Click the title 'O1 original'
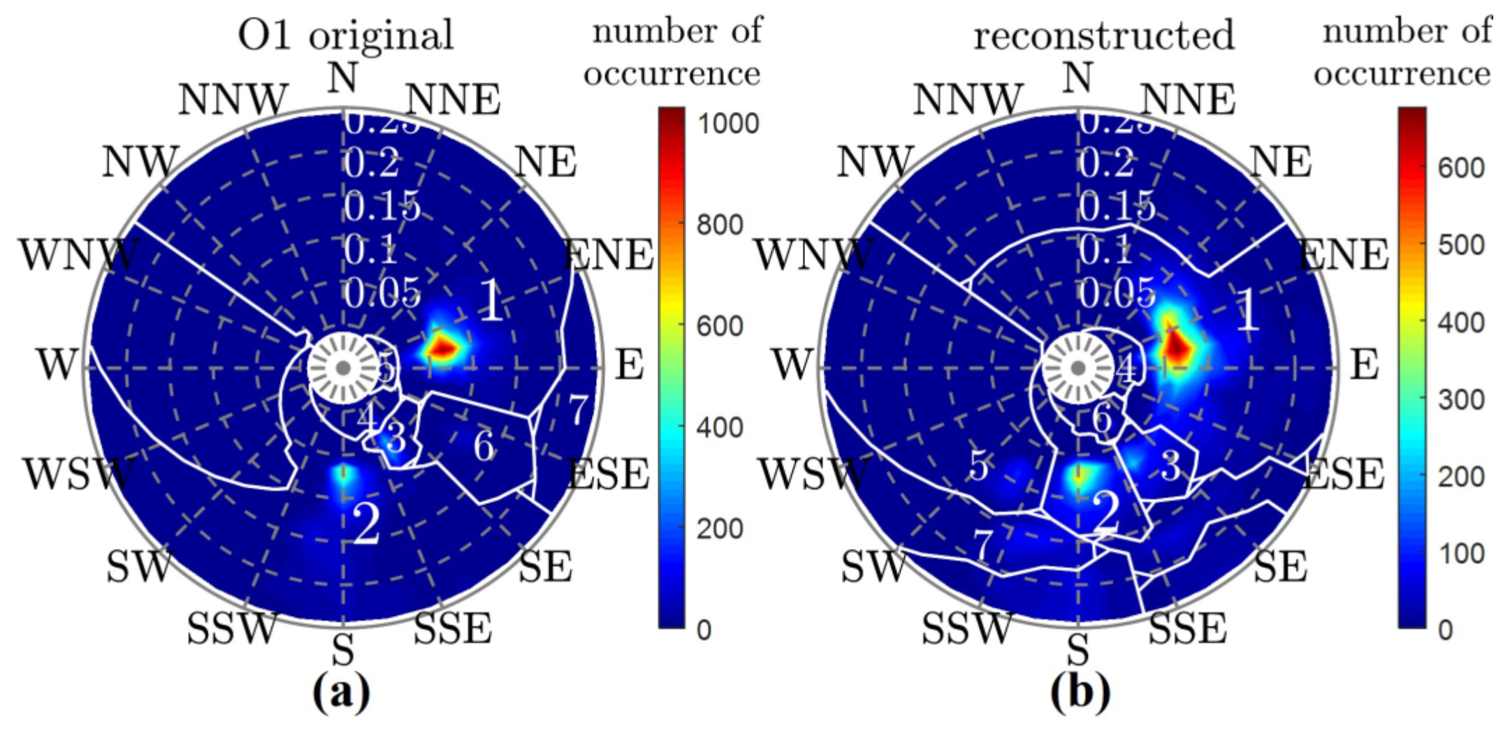coord(346,35)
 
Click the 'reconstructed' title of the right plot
coord(1104,35)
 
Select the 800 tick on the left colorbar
coord(720,225)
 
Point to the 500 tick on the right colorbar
coord(1461,245)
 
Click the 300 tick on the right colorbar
coord(1461,399)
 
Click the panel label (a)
coord(342,693)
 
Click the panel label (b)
coord(1080,693)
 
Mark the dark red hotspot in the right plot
coord(1178,345)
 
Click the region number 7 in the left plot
coord(578,410)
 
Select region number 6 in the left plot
coord(484,445)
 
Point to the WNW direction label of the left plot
coord(78,255)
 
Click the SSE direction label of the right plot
coord(1188,628)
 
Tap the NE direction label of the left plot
coord(546,162)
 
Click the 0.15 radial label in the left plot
coord(382,207)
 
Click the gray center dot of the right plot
coord(1078,367)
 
